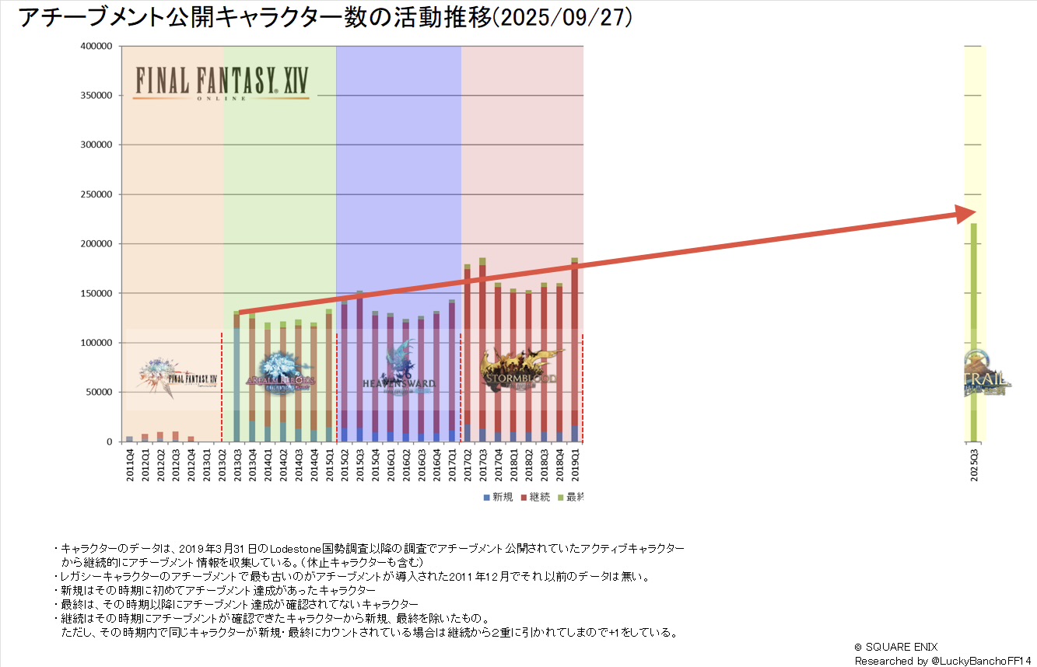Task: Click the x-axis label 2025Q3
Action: [974, 464]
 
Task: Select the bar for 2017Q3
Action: [482, 350]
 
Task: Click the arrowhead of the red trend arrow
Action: [966, 214]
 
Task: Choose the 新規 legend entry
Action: [498, 498]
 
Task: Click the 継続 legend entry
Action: [536, 498]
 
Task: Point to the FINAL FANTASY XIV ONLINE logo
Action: [221, 82]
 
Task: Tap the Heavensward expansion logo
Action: [399, 373]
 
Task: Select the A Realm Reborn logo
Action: [280, 373]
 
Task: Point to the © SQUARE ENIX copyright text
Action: [897, 646]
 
